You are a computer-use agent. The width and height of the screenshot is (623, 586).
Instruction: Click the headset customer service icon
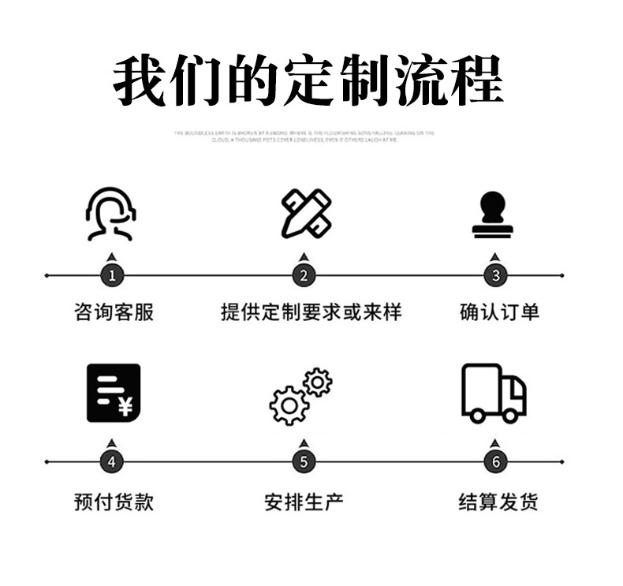(110, 214)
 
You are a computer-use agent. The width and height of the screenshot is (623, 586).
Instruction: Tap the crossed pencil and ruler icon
(307, 213)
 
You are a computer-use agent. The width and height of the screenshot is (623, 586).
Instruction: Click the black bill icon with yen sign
(113, 392)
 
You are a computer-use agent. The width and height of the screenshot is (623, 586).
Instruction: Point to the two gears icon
(300, 396)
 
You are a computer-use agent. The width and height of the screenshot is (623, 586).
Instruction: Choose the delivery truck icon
(494, 392)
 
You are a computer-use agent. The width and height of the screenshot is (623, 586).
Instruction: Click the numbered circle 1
(112, 275)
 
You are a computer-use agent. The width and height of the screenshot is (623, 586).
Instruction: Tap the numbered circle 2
(304, 275)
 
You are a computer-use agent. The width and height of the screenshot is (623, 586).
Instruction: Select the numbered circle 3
(495, 275)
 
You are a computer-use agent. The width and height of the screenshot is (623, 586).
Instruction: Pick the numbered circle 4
(112, 462)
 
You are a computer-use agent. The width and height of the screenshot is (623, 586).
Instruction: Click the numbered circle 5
(304, 462)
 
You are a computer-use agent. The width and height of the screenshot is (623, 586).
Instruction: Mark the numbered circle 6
(495, 462)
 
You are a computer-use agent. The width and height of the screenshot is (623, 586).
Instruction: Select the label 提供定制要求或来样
(311, 312)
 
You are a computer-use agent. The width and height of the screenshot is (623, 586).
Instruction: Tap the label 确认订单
(499, 312)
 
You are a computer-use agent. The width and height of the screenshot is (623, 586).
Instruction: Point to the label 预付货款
(114, 502)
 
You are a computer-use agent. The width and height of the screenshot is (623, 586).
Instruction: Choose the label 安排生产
(304, 502)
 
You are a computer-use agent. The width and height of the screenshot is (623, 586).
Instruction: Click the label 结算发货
(498, 502)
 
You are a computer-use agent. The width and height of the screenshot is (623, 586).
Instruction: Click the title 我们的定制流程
(308, 80)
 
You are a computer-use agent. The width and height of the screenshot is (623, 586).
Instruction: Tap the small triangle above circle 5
(304, 443)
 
